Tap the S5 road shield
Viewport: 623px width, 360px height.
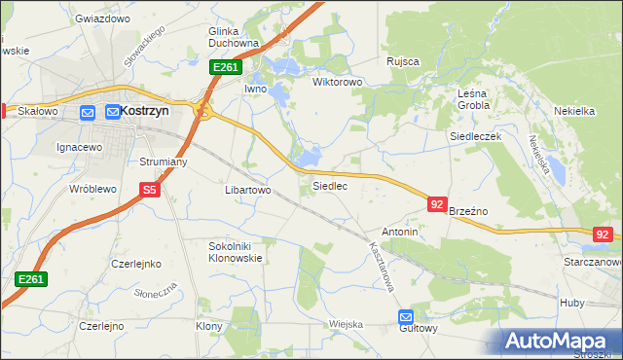coord(149,191)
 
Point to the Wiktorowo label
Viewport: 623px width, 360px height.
coord(337,82)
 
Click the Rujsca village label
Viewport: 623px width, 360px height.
coord(402,61)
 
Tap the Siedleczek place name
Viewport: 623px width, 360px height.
coord(474,137)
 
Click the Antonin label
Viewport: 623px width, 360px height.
coord(400,233)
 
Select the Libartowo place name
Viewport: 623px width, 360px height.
coord(247,190)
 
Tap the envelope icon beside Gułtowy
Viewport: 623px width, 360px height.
coord(406,316)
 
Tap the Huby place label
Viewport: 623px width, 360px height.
coord(572,303)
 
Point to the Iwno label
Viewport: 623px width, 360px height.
coord(255,89)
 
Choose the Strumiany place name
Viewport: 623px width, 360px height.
coord(164,162)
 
